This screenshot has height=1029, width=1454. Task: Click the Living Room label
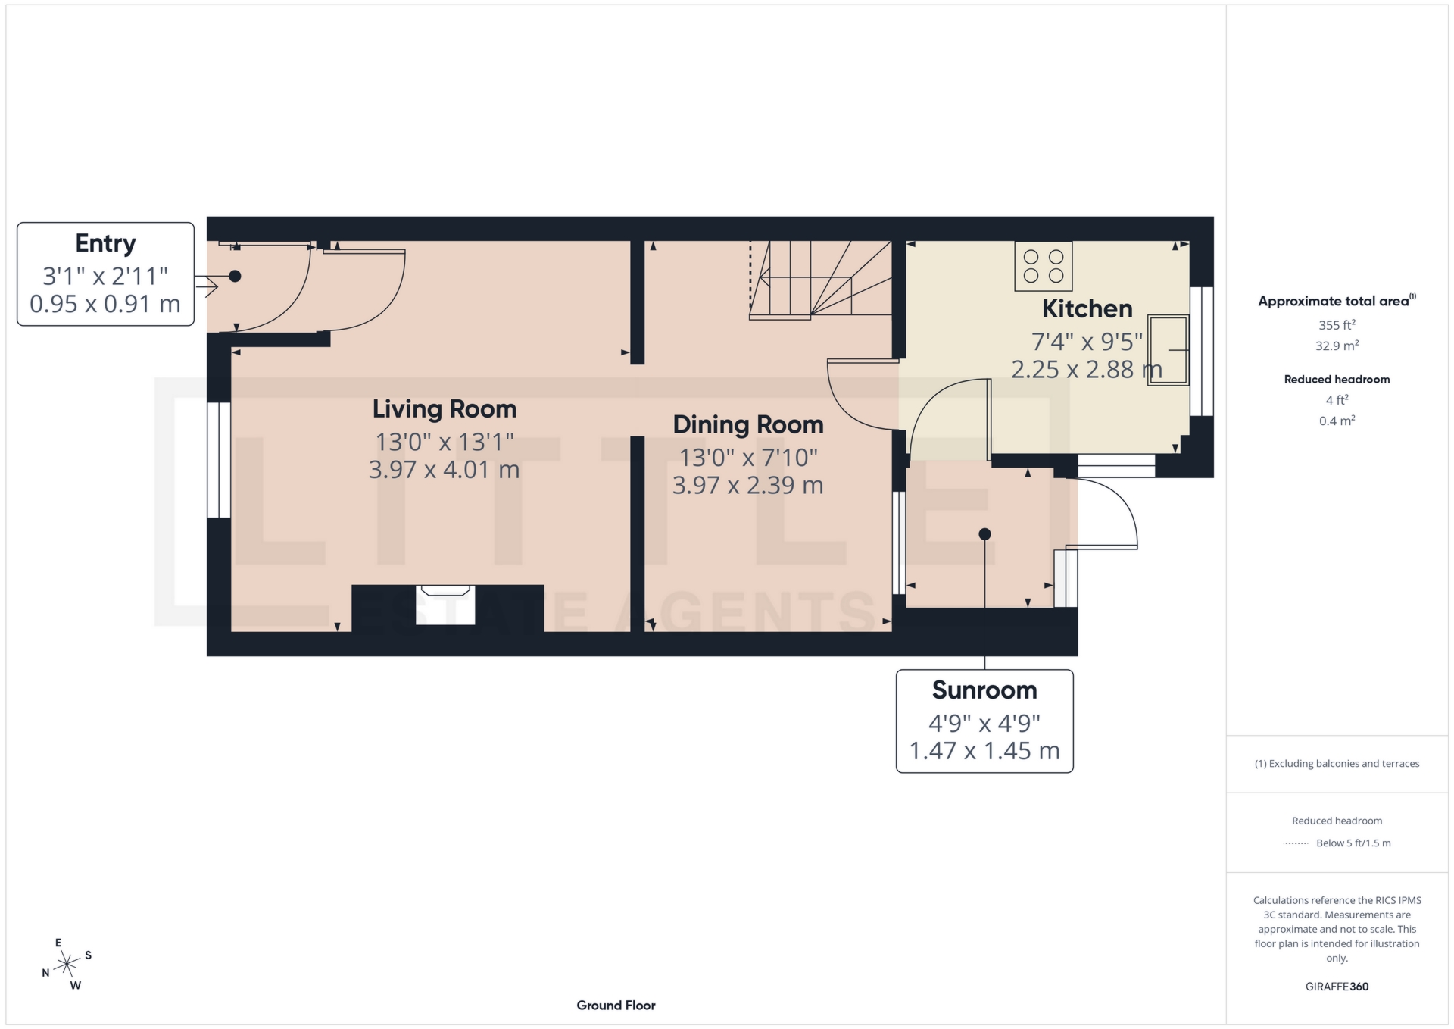point(444,409)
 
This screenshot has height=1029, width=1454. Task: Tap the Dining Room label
point(747,425)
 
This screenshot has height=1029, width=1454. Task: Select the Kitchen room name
point(1087,309)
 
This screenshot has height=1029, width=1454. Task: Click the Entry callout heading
point(105,244)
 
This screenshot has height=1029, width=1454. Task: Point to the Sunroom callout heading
point(984,690)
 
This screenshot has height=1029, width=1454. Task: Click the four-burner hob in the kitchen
point(1043,266)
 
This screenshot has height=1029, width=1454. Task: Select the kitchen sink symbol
point(1167,350)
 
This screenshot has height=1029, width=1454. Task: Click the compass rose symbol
point(67,965)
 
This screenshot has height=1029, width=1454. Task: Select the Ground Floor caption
point(616,1006)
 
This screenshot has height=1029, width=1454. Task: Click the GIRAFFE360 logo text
point(1337,987)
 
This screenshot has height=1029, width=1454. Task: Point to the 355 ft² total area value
point(1337,325)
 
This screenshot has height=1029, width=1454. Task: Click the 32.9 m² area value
point(1337,346)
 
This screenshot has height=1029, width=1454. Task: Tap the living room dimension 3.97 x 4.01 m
point(444,470)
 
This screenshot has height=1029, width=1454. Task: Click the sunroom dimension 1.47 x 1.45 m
point(984,751)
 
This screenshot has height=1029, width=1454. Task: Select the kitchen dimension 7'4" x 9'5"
point(1087,342)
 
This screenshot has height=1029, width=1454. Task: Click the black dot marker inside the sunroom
point(984,534)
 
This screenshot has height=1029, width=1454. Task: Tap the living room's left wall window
point(219,460)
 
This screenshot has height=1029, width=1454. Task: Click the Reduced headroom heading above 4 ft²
point(1337,380)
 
